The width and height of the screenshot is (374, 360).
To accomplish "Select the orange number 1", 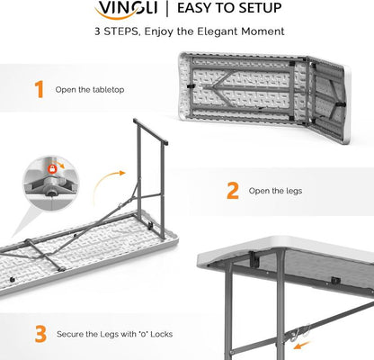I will coord(39,88).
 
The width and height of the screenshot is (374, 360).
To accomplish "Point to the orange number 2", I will coord(232,190).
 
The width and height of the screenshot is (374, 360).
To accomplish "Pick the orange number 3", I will coord(39,334).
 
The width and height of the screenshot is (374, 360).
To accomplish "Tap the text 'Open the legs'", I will coord(275,190).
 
